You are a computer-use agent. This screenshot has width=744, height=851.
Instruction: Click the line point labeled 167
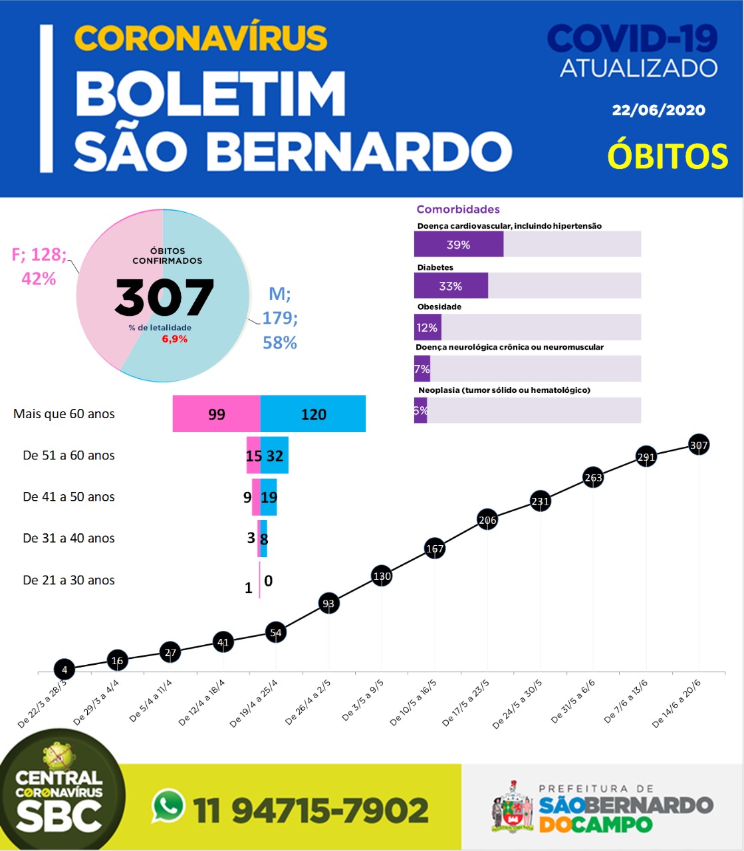point(435,548)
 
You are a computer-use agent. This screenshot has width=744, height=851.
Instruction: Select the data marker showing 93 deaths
point(328,603)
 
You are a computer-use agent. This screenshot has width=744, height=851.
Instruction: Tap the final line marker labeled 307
point(699,445)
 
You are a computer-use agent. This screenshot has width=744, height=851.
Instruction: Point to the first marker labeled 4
point(64,669)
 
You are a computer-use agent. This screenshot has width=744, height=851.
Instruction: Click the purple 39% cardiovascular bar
point(459,244)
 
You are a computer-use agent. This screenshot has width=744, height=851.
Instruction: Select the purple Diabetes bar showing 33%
point(451,286)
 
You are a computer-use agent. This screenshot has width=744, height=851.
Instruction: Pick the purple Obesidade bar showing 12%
point(428,327)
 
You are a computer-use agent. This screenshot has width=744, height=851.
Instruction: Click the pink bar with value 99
point(216,414)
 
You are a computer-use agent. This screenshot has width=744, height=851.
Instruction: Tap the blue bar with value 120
point(313,414)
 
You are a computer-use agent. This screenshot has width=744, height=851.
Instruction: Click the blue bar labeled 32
point(275,455)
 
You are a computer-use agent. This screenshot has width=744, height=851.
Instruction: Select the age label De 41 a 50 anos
point(68,497)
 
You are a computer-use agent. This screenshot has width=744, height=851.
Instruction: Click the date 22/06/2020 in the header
point(659,110)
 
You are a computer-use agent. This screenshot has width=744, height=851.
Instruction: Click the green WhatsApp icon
point(168,806)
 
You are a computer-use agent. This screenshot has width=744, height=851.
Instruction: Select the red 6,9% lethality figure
point(175,339)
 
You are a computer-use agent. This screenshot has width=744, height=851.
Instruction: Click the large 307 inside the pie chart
point(164,297)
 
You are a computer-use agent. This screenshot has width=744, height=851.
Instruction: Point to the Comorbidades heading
point(458,209)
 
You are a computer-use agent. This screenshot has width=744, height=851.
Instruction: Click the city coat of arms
point(513,808)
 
